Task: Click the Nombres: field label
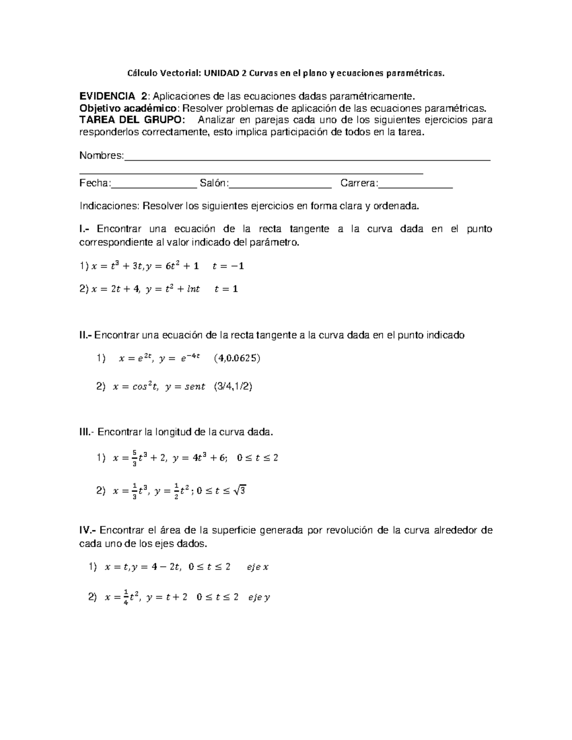click(102, 156)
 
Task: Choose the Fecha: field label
click(95, 183)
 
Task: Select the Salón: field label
click(214, 183)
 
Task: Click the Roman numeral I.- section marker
click(85, 229)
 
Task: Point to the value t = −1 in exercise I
click(228, 266)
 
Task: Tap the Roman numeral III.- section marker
click(87, 432)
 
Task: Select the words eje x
click(257, 567)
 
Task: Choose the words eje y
click(259, 598)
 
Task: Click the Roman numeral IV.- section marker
click(88, 530)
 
